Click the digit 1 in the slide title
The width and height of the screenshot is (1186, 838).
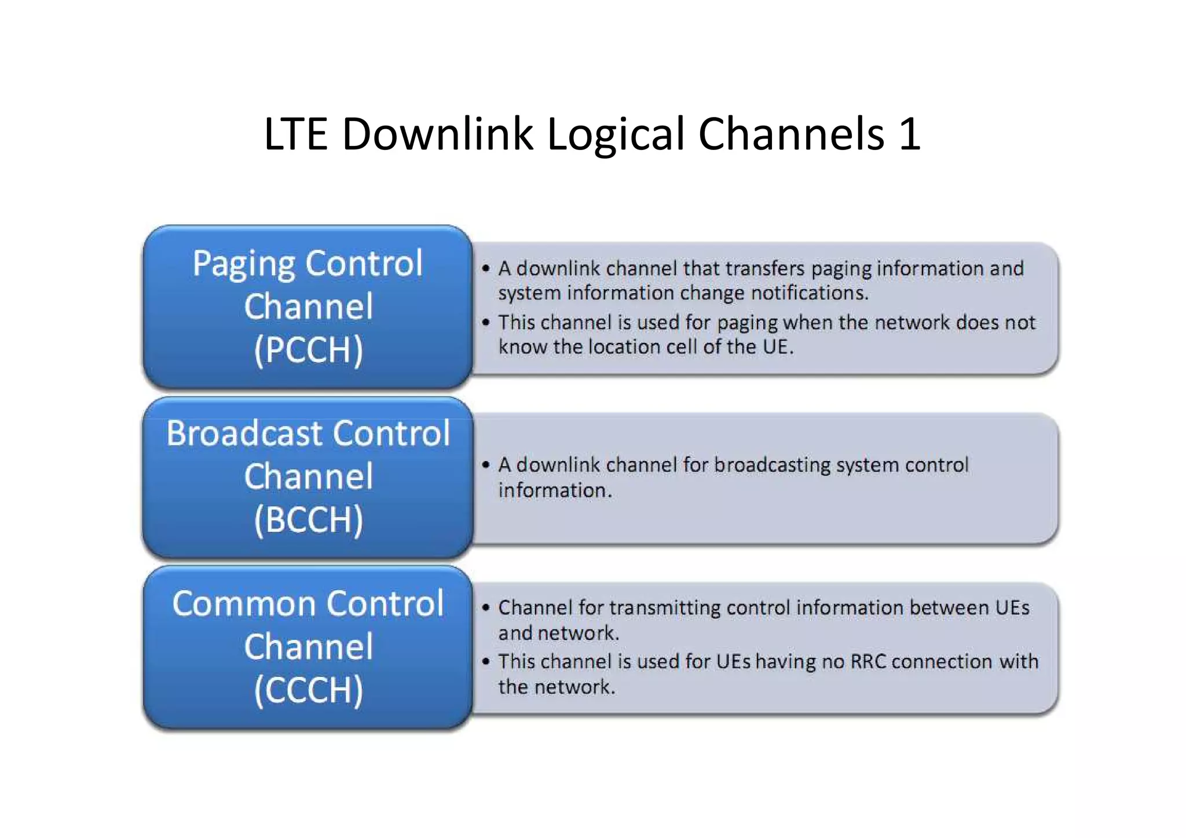point(910,134)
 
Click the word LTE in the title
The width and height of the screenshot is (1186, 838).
point(295,134)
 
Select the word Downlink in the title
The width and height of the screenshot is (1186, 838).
point(437,134)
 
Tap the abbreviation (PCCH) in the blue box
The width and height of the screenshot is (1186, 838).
point(308,350)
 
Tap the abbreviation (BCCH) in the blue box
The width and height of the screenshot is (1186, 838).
point(308,519)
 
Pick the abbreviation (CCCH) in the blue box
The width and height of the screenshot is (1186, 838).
point(308,690)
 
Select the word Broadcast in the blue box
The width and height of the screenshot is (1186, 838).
point(243,433)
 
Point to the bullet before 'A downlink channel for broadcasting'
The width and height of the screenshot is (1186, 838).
point(486,464)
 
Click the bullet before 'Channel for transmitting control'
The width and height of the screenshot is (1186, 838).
point(486,608)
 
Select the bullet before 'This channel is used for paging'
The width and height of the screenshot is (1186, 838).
point(486,322)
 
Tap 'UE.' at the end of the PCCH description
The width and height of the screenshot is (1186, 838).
point(778,347)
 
